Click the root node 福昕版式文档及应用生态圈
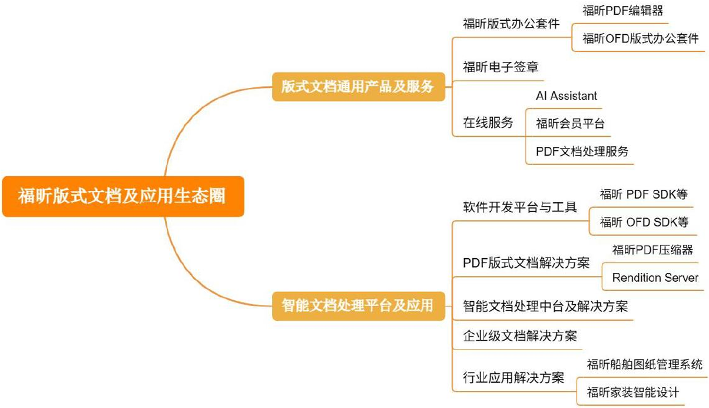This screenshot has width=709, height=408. click(x=122, y=196)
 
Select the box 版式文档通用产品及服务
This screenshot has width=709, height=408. click(x=358, y=87)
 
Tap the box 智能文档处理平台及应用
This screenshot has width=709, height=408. click(x=358, y=305)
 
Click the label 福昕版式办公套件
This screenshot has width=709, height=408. click(x=511, y=24)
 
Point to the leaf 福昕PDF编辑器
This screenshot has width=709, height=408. click(x=624, y=10)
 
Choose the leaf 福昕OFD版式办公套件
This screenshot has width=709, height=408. click(x=640, y=39)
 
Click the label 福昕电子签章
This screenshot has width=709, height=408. click(x=501, y=67)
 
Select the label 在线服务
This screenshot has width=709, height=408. click(x=488, y=123)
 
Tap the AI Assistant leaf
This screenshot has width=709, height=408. click(x=566, y=96)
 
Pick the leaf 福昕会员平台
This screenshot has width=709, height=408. click(x=569, y=123)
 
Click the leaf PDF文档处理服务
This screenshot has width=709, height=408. click(x=582, y=152)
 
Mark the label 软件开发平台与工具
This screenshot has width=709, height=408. click(x=520, y=208)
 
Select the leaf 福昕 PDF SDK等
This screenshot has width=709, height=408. click(x=644, y=195)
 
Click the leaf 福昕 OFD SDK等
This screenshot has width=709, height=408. click(x=644, y=222)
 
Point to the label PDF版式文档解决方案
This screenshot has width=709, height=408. click(x=526, y=263)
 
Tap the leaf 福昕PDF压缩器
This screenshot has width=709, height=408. click(x=652, y=250)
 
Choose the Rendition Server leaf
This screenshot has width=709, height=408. click(x=655, y=278)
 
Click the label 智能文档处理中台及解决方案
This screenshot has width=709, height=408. click(x=545, y=307)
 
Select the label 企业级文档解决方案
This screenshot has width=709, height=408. click(x=520, y=336)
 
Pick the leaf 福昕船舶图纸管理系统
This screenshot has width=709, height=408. click(x=644, y=364)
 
